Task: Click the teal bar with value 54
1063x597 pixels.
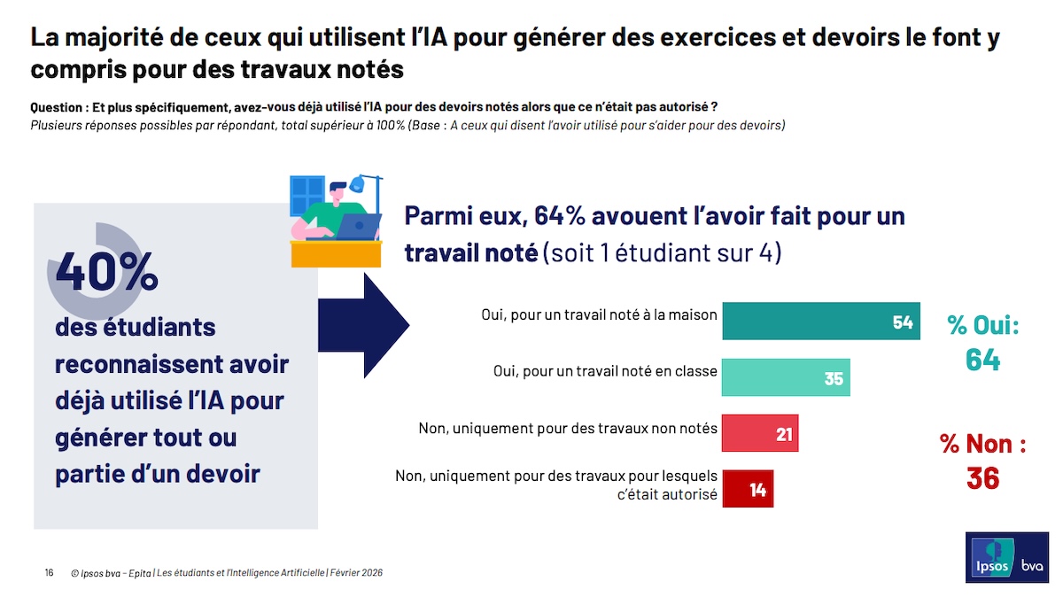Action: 820,322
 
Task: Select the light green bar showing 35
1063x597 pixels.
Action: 786,377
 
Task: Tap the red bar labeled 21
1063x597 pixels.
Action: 760,433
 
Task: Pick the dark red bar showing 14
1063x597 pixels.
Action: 748,489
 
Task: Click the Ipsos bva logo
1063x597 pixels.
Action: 1006,558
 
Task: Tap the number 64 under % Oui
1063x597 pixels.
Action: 982,360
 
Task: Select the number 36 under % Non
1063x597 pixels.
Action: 982,478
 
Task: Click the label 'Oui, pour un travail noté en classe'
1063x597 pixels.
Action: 605,371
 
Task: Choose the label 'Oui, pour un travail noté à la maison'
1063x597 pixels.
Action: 599,314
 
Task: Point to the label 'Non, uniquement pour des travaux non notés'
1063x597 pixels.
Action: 568,428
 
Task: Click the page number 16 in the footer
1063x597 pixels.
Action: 49,573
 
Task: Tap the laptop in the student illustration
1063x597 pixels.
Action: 358,227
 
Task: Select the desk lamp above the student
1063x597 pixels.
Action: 358,184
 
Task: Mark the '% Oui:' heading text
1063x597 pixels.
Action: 982,325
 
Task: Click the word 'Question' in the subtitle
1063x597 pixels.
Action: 56,106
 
